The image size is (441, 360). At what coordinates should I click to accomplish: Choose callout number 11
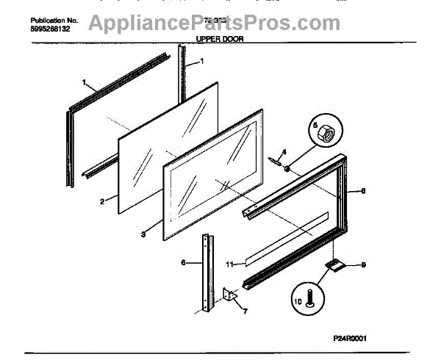pyautogui.click(x=229, y=263)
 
